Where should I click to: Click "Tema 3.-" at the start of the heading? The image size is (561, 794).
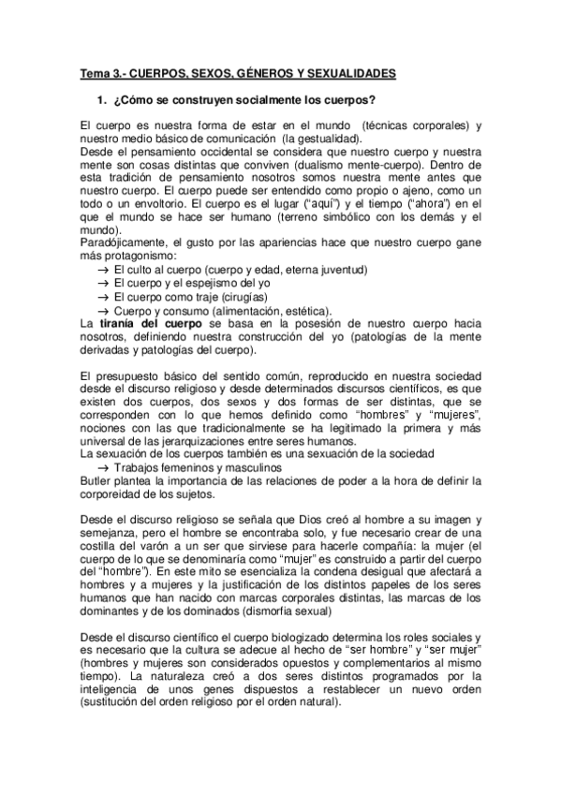[100, 72]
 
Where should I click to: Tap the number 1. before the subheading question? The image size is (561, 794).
[100, 100]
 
